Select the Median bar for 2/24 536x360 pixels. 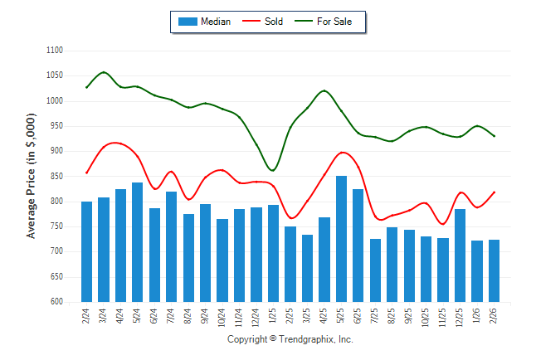[86, 251]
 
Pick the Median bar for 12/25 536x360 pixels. [460, 255]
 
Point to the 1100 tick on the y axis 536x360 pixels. [55, 51]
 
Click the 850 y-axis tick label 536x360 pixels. [56, 177]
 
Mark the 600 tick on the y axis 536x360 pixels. [56, 302]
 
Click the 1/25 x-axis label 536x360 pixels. [273, 317]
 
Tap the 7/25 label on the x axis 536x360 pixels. [375, 317]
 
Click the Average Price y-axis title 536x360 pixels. [32, 177]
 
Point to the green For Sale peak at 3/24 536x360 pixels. [104, 72]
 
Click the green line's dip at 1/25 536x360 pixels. [273, 171]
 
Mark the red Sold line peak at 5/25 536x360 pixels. [342, 153]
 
